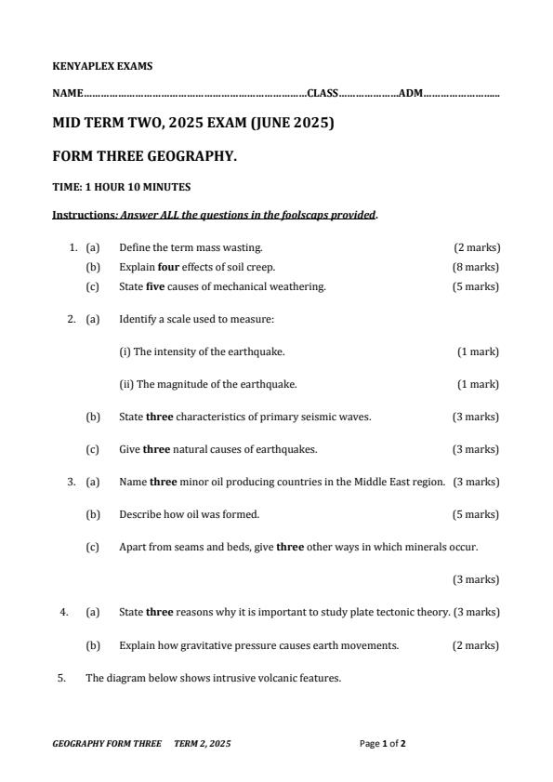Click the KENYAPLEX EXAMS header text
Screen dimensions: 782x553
point(102,67)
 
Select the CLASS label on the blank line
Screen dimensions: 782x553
point(323,93)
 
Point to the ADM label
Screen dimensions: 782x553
point(411,93)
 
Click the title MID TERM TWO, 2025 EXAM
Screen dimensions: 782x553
point(192,122)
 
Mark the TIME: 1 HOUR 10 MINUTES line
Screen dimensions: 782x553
point(121,187)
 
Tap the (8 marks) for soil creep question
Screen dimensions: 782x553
point(476,267)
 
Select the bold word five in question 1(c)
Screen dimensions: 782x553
point(155,286)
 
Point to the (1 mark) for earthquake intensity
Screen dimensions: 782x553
point(478,351)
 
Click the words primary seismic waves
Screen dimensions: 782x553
point(323,417)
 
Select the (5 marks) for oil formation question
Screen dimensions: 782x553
point(476,514)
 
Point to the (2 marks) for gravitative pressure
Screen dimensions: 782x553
point(476,645)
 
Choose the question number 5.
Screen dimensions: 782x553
point(61,678)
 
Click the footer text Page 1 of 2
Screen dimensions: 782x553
point(383,744)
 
